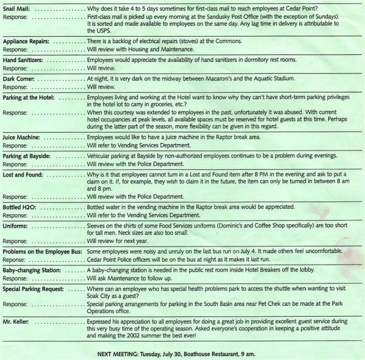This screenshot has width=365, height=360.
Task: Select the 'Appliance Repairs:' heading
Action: [26, 41]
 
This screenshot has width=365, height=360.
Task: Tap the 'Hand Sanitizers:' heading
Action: [23, 60]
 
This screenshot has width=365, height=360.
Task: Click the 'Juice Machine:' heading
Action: [21, 137]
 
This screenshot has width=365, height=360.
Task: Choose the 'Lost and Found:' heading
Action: [23, 174]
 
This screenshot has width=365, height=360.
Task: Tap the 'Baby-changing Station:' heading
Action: [32, 270]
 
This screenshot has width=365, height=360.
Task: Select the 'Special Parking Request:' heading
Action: [33, 289]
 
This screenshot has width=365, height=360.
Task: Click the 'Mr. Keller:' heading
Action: [17, 319]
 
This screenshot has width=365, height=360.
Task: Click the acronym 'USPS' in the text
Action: [95, 31]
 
